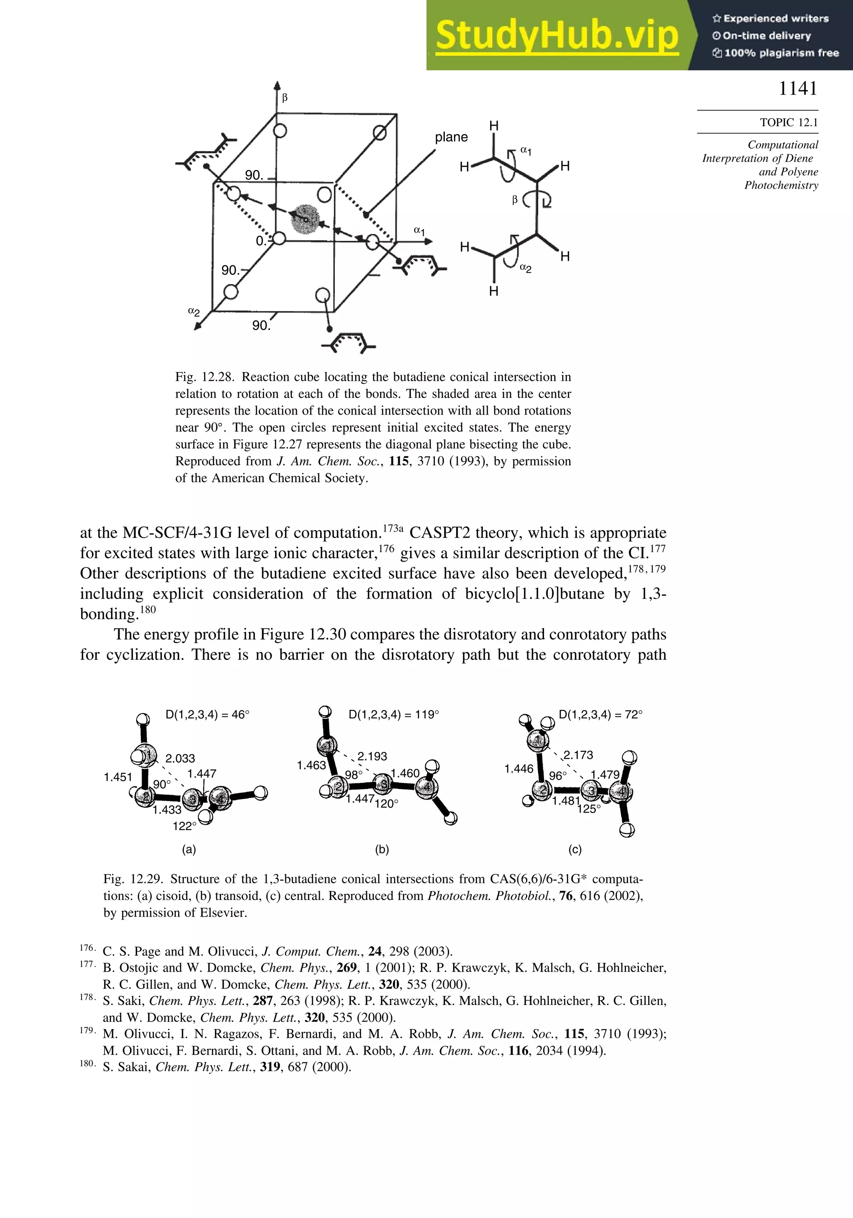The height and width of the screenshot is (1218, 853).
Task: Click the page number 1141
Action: point(798,89)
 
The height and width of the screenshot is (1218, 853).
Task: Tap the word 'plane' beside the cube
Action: point(451,137)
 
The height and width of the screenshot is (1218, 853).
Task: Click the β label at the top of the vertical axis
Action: point(284,97)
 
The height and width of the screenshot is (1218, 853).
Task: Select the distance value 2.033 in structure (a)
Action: point(180,758)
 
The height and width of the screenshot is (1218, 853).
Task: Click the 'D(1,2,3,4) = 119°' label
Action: point(393,715)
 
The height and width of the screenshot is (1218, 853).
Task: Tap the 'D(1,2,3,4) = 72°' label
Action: point(600,715)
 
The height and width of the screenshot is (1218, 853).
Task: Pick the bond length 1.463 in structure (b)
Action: point(311,766)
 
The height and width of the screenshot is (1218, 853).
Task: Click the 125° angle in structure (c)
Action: point(589,809)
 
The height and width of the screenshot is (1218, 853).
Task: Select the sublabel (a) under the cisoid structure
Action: point(189,849)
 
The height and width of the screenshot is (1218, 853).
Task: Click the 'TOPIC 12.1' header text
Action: point(789,122)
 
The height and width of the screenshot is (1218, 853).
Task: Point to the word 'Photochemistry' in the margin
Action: point(781,185)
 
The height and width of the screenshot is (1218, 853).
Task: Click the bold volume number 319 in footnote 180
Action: point(270,1067)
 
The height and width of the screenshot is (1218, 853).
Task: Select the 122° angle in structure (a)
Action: point(184,826)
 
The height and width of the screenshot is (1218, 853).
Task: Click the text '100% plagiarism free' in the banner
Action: point(781,53)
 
